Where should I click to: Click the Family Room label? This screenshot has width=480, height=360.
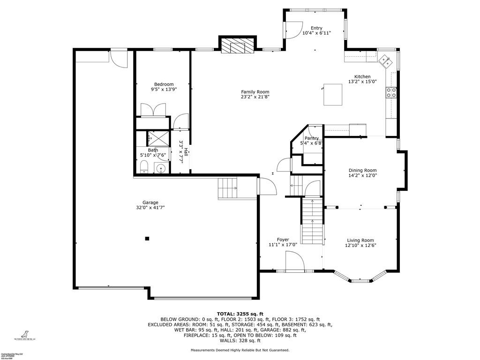[255, 92]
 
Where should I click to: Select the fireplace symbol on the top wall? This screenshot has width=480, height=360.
[238, 46]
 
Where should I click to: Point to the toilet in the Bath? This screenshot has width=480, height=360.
[144, 166]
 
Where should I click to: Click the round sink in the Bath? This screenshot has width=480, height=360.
[161, 168]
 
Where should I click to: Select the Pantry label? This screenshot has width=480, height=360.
[312, 138]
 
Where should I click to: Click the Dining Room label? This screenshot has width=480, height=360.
[362, 171]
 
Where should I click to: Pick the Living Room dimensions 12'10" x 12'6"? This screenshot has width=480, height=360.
[360, 245]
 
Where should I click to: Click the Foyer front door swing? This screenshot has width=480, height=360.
[295, 261]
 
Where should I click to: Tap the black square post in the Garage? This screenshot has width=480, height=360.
[147, 239]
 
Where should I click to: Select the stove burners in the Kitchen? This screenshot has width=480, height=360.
[391, 92]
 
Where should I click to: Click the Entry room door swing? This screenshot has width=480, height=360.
[293, 32]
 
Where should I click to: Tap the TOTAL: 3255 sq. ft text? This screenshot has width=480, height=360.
[240, 314]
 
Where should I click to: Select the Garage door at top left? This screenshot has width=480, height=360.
[119, 59]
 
